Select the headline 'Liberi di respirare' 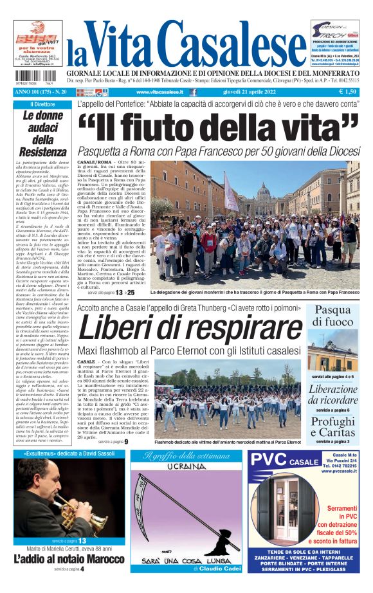[x=192, y=329]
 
